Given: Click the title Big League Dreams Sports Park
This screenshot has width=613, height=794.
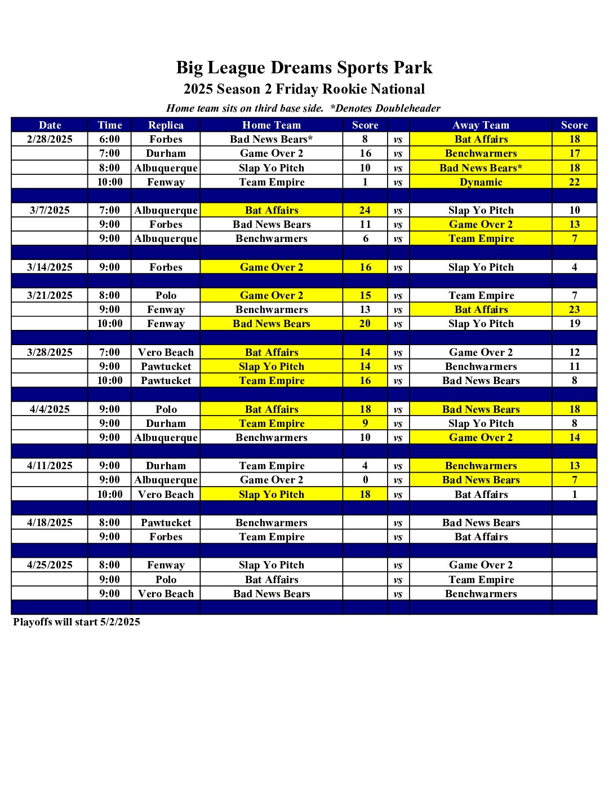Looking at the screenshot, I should (x=304, y=68).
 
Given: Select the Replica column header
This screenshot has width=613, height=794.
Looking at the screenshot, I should (x=166, y=125).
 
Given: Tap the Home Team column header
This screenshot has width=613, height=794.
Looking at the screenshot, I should (x=272, y=125).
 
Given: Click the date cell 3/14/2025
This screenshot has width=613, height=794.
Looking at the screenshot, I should (x=50, y=267).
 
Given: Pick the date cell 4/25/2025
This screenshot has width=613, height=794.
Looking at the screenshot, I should (x=50, y=565).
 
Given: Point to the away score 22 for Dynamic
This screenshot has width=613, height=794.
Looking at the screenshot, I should (x=574, y=182).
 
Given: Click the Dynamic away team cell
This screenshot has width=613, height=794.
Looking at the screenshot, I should (x=481, y=182).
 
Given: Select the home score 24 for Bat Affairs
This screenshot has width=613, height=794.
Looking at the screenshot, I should (x=365, y=210).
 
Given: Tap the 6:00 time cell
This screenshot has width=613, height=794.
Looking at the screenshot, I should (x=109, y=139).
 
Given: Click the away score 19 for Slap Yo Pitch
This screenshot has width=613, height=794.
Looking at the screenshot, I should (x=574, y=324).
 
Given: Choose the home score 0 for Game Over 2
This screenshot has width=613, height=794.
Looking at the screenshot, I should (x=365, y=480).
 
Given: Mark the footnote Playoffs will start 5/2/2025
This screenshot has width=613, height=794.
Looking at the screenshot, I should (x=77, y=622).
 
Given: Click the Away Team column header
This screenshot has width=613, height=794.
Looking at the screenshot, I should (x=481, y=125).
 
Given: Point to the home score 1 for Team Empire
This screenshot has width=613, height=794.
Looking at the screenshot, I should (x=365, y=182).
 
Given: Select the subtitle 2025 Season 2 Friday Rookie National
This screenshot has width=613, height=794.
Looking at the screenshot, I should (x=304, y=89).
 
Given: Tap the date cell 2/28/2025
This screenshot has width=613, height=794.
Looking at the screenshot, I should (x=50, y=139).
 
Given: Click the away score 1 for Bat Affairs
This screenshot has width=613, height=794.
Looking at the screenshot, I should (x=574, y=495).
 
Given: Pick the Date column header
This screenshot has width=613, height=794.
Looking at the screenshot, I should (x=50, y=125).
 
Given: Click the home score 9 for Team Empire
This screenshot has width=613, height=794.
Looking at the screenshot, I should (x=365, y=424).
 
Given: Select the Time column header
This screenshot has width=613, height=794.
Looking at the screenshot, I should (x=109, y=125).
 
